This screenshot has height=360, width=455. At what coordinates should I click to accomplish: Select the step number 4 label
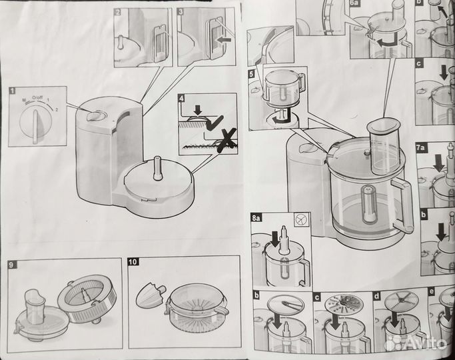pyautogui.click(x=181, y=99)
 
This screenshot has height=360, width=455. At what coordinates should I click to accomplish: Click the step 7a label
pyautogui.click(x=420, y=147)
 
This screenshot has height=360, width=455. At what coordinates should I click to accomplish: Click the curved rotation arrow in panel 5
pyautogui.click(x=282, y=118)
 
